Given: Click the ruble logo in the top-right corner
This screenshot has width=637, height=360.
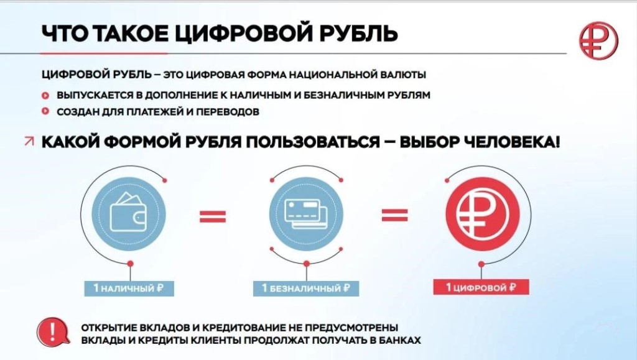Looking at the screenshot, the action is [598, 40].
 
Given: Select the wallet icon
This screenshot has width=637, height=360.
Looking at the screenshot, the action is [129, 214].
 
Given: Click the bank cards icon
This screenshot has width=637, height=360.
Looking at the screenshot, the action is [306, 214].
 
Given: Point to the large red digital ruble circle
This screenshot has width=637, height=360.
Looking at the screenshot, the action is [482, 214].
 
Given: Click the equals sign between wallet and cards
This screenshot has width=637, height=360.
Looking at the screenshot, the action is [213, 216].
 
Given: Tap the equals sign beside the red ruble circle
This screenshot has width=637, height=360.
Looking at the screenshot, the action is [394, 216].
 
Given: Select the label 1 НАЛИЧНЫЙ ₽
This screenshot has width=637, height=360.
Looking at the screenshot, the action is [129, 288].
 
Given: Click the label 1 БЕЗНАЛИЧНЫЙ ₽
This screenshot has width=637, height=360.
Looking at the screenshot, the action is [306, 288].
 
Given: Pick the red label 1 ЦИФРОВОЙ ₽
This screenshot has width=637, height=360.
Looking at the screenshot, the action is [481, 287].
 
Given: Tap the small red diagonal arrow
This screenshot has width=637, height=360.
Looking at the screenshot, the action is [29, 141].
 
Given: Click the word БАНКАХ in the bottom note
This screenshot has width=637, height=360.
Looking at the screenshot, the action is [400, 340].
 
